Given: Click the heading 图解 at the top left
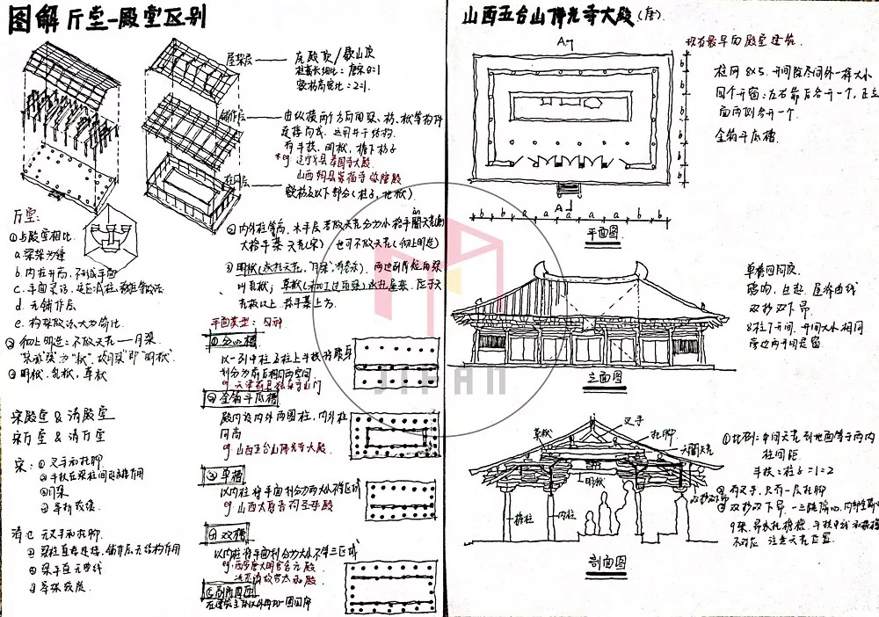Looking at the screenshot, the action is point(33,20).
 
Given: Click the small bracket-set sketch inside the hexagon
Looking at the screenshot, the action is point(116,237).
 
